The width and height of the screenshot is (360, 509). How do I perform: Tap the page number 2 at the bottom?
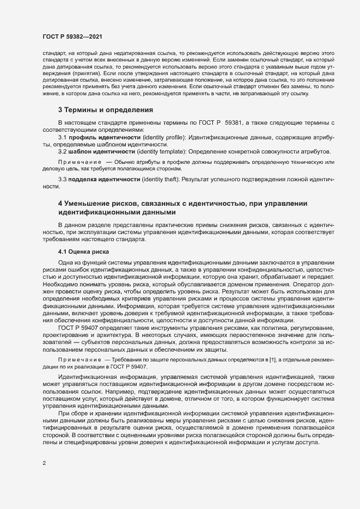[x=44, y=464]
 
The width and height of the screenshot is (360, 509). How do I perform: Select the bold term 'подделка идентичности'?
[x=95, y=179]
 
